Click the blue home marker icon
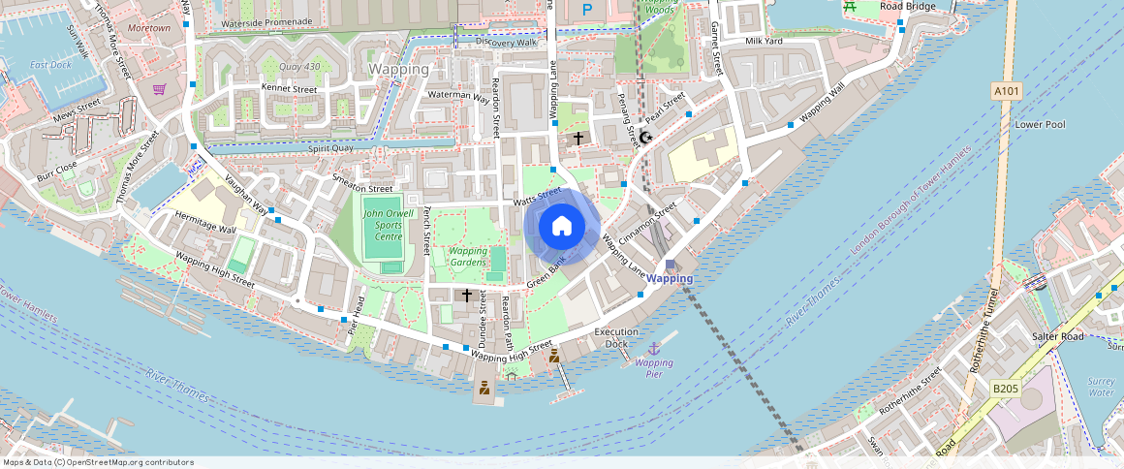[562, 227]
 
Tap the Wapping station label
[670, 278]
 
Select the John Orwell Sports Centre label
[388, 225]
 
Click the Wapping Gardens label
[468, 256]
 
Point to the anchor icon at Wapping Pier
[654, 347]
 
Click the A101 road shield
[1006, 90]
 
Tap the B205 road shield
[1005, 389]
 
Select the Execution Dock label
[616, 337]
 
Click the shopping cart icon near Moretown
[159, 89]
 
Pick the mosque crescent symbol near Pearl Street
[645, 138]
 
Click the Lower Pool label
[1040, 125]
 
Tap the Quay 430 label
[299, 67]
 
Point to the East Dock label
[50, 65]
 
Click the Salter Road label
[1058, 336]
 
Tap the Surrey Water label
[1102, 387]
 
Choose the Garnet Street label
[718, 48]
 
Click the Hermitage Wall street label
[205, 223]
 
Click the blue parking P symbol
[586, 9]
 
